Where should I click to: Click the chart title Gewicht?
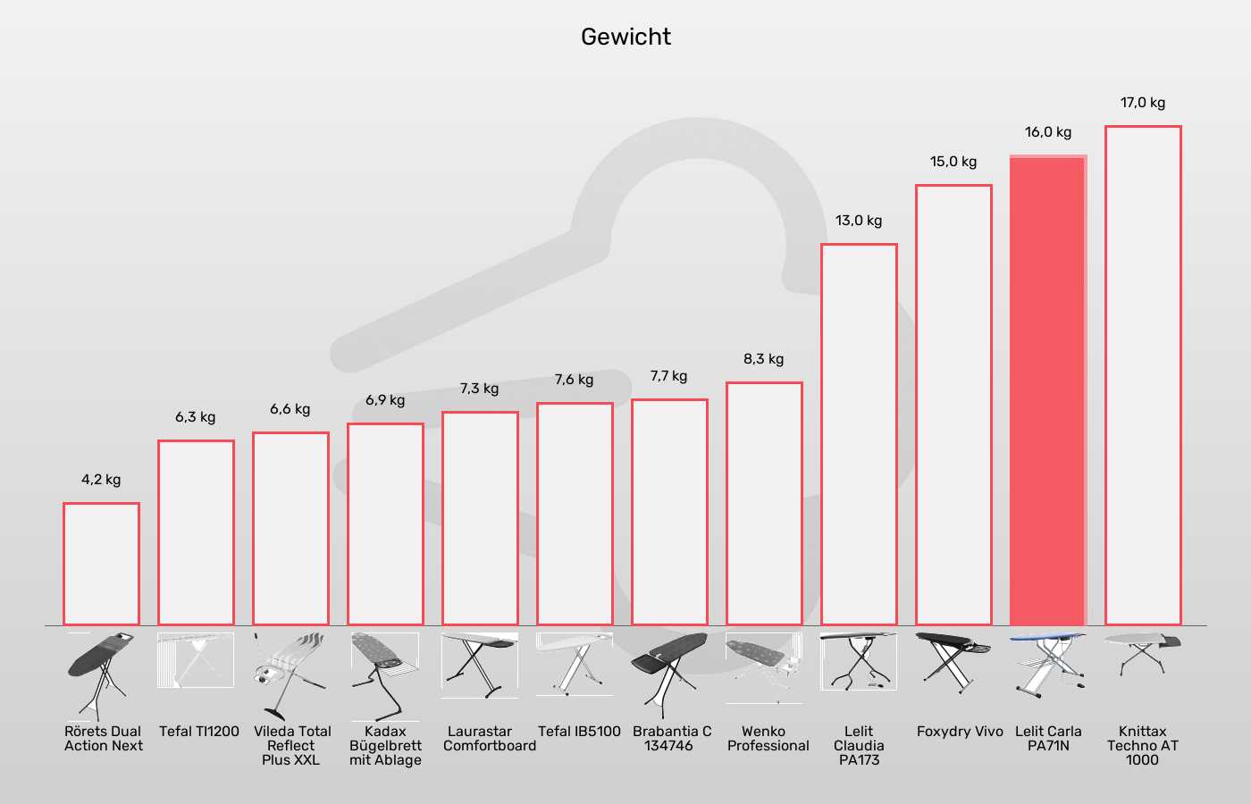tap(625, 37)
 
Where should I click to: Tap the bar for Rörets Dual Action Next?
tap(101, 564)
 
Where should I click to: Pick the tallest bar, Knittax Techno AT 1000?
tap(1143, 375)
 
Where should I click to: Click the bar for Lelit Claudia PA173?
tap(859, 434)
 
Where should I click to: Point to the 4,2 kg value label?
tap(101, 480)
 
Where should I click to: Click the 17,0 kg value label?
tap(1143, 103)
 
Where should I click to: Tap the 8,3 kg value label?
tap(764, 359)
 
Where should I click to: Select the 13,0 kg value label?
tap(859, 221)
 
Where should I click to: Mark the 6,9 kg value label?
tap(385, 400)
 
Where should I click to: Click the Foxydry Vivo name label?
tap(960, 732)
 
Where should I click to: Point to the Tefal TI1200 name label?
tap(199, 732)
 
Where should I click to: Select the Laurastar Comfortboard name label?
tap(489, 739)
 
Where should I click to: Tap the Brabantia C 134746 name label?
tap(672, 739)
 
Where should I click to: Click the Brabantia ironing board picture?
tap(668, 670)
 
